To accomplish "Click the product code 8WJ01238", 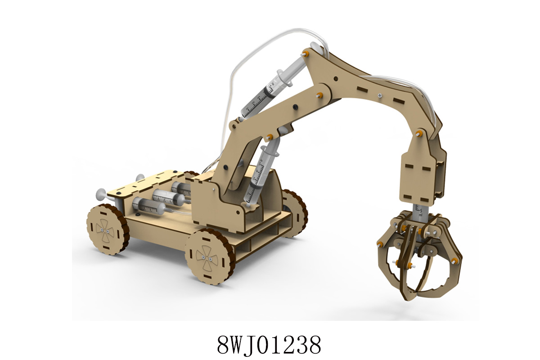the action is point(269,345).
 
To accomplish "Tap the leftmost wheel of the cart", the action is point(107,229).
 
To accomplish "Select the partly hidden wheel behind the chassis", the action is point(295,213).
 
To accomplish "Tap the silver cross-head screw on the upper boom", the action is point(380,95).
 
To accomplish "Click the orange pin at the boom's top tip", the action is point(306,53).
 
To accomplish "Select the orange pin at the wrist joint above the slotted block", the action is point(419,133).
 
